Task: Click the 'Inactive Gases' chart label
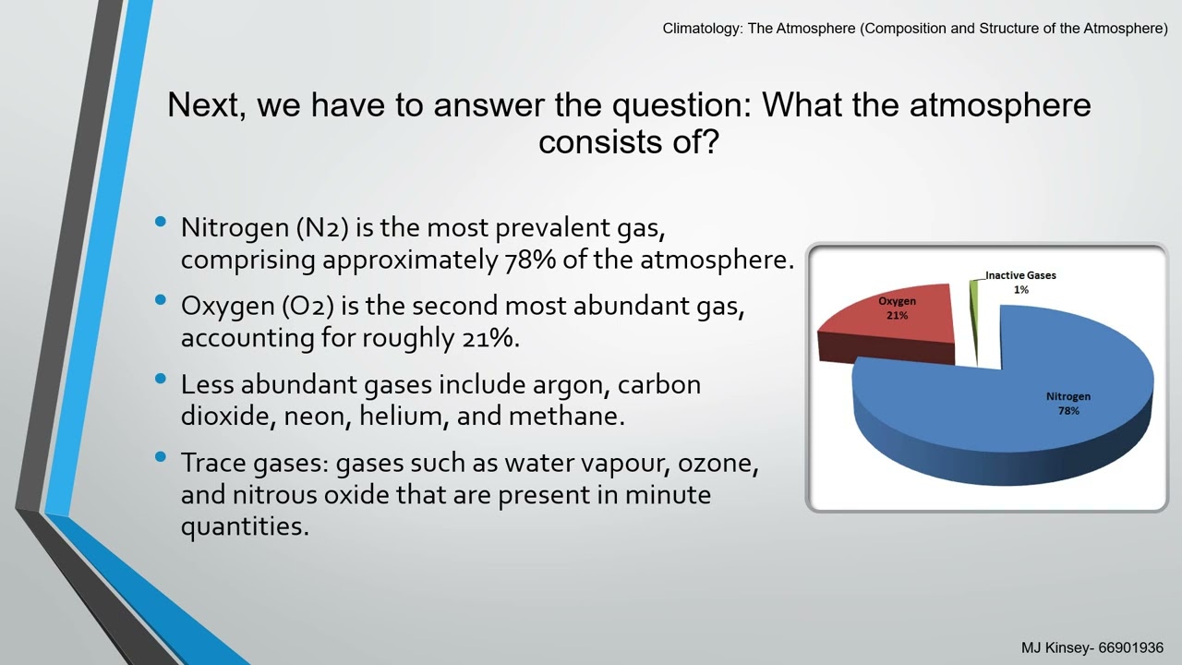(1020, 275)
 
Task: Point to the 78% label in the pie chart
(1067, 411)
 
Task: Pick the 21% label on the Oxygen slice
(897, 316)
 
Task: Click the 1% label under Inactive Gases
(1020, 290)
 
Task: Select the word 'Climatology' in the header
(700, 29)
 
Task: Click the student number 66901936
(1130, 648)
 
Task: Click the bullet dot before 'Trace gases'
(162, 457)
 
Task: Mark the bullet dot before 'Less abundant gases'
(162, 379)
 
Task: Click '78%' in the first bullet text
(529, 260)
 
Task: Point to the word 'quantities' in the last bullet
(243, 526)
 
